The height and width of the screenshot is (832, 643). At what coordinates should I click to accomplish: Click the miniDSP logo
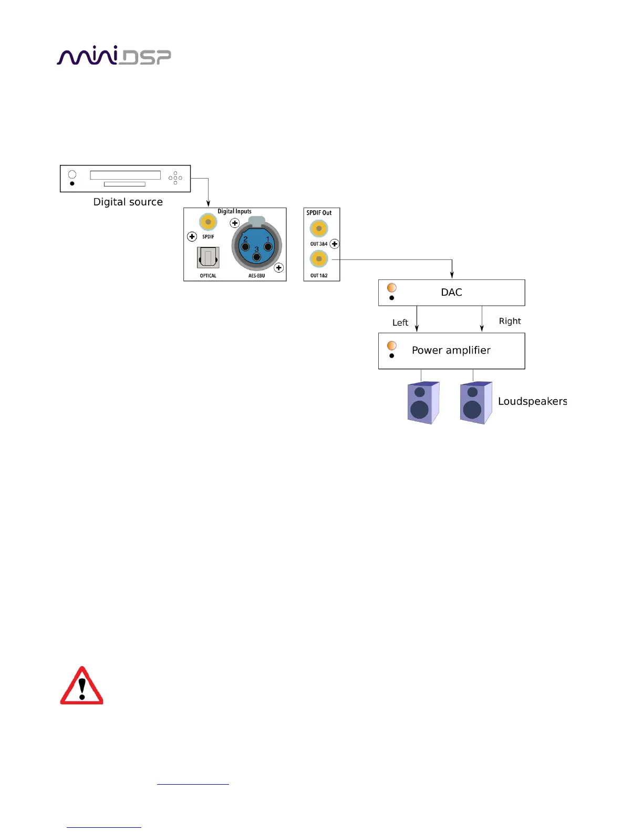tap(113, 56)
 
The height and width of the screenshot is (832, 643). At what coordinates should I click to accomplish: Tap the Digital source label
tap(128, 202)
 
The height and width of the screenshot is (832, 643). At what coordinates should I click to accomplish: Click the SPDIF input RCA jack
tap(208, 222)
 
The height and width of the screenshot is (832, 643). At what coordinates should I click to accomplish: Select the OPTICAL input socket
tap(208, 258)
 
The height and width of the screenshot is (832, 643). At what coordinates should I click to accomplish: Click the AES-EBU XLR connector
tap(256, 245)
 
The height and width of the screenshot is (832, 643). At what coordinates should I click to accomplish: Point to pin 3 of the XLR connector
tap(257, 257)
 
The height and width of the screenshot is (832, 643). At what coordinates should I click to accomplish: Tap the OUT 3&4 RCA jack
tap(319, 228)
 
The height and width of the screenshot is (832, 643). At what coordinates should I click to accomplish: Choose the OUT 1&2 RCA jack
tap(319, 259)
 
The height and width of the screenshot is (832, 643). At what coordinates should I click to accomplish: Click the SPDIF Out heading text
tap(319, 213)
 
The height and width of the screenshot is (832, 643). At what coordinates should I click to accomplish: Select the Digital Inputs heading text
tap(234, 211)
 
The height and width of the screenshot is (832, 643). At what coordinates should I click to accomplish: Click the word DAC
tap(451, 293)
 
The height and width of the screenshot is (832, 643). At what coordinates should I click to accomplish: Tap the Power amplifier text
tap(451, 350)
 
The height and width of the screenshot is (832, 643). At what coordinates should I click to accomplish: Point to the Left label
tap(400, 323)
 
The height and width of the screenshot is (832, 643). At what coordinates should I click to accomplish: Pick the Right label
tap(510, 321)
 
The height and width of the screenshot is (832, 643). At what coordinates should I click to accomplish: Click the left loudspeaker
tap(422, 403)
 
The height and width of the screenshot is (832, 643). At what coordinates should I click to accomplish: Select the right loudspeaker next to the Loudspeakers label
tap(475, 403)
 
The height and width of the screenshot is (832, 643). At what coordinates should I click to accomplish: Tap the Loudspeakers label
tap(532, 401)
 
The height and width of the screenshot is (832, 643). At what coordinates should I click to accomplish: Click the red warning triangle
tap(82, 687)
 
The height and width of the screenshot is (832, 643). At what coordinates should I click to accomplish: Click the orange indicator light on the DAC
tap(392, 287)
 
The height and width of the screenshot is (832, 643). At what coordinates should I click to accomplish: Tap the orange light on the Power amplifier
tap(392, 345)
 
